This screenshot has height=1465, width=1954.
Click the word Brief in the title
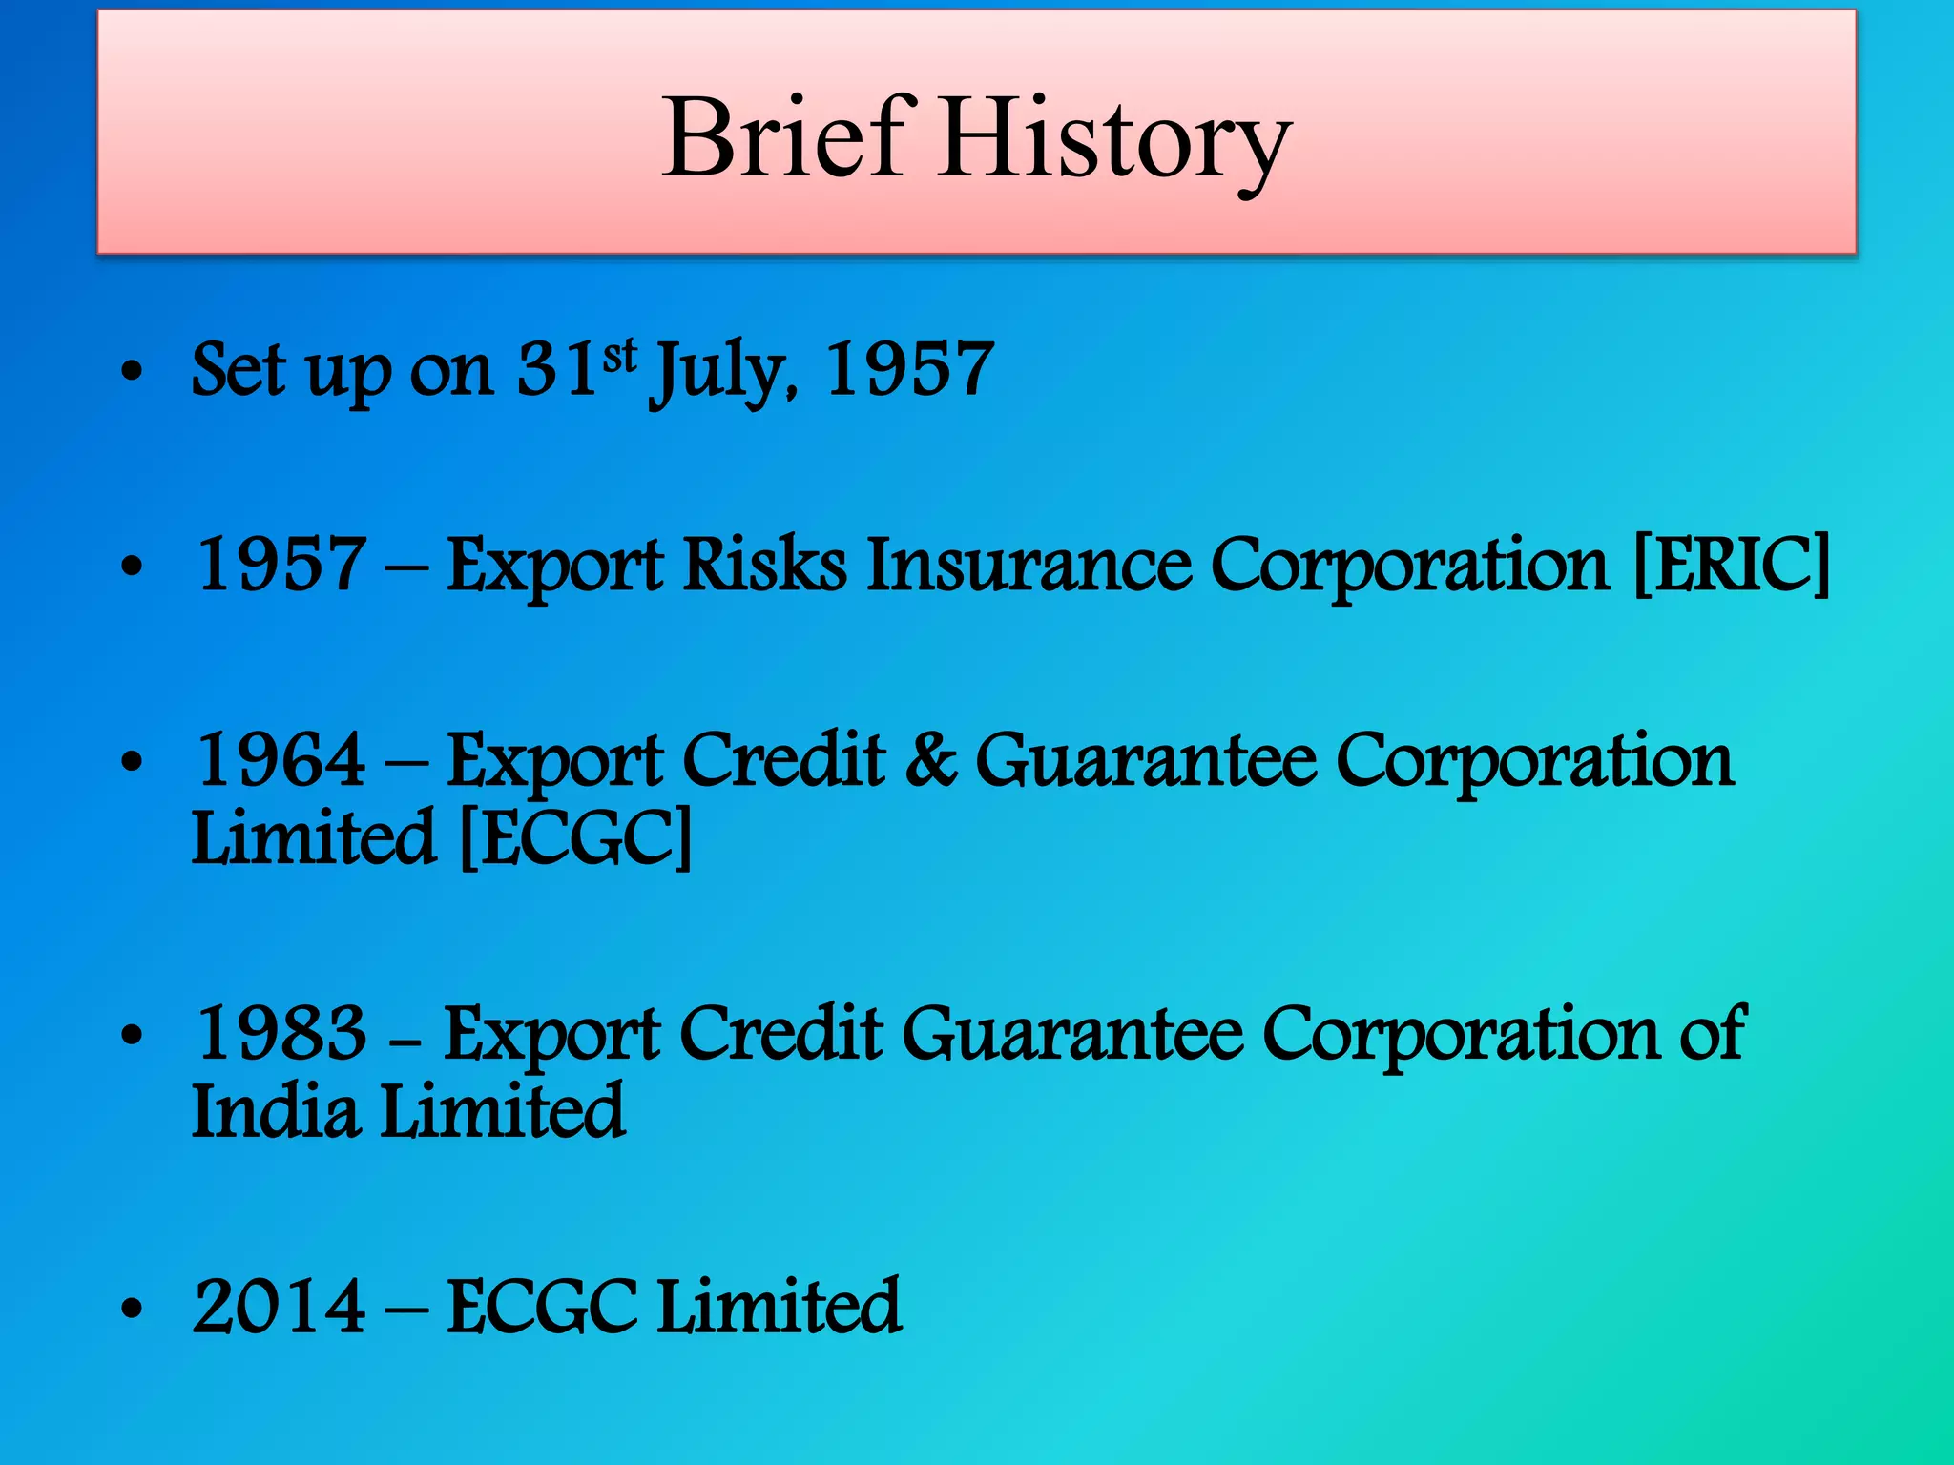point(782,138)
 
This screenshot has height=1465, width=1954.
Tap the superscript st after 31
point(619,355)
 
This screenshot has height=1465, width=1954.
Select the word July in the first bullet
point(719,372)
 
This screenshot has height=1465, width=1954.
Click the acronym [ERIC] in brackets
point(1731,565)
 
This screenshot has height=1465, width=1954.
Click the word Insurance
point(1029,565)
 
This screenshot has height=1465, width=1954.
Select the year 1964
point(280,760)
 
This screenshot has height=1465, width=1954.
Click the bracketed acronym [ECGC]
point(575,837)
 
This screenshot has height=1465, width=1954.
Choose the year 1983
point(280,1033)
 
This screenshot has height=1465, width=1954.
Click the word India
point(276,1111)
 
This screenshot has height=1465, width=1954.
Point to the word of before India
point(1712,1033)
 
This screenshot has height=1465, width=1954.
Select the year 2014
point(279,1307)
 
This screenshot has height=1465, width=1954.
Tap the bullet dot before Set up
point(132,373)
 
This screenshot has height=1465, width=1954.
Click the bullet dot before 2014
point(132,1310)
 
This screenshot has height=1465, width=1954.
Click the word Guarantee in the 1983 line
point(1072,1033)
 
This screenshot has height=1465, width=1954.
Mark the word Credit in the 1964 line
point(784,760)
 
